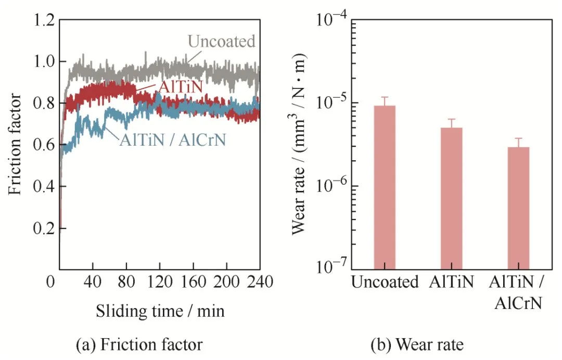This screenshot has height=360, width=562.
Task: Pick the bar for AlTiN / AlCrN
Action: click(x=518, y=208)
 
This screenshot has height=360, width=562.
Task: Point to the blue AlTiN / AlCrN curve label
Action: click(x=173, y=140)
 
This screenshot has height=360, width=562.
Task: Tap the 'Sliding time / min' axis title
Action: click(x=160, y=311)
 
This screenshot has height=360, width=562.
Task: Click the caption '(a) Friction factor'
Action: click(x=139, y=344)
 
